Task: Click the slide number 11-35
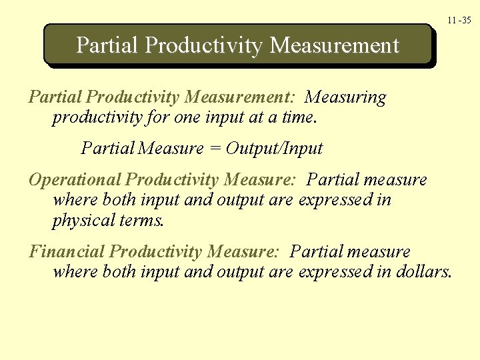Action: (x=459, y=21)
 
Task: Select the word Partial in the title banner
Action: (x=107, y=45)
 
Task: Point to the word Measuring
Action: (x=345, y=98)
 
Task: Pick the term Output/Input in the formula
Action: (x=274, y=148)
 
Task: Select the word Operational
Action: (x=75, y=180)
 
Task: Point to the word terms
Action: (x=140, y=221)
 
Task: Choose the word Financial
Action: (x=67, y=252)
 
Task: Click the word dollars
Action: (x=423, y=272)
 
